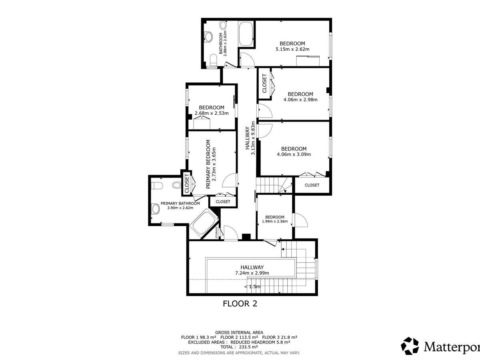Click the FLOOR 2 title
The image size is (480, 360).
tap(240, 304)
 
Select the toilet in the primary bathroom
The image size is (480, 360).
tap(157, 186)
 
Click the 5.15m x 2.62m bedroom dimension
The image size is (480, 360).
tap(292, 49)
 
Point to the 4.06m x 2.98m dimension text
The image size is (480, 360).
tap(300, 100)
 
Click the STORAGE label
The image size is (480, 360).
tap(216, 233)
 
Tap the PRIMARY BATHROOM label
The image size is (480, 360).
tap(180, 204)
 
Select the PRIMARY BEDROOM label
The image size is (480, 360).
tap(208, 164)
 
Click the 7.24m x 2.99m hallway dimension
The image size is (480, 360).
tap(252, 273)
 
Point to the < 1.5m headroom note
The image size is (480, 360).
tap(252, 286)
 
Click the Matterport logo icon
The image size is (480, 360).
tap(410, 346)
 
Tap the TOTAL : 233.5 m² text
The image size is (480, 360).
tap(239, 347)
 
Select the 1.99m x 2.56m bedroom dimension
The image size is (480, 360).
tap(275, 222)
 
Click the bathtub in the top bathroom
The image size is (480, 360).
tap(246, 34)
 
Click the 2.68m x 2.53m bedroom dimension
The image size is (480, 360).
tap(212, 113)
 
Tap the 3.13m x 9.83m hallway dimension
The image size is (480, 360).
tap(253, 138)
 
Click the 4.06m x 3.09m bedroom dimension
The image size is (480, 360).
tap(294, 154)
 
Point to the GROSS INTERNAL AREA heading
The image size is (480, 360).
tap(239, 333)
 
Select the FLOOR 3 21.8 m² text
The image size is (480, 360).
tap(280, 337)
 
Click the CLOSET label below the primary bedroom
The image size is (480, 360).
tap(223, 202)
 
